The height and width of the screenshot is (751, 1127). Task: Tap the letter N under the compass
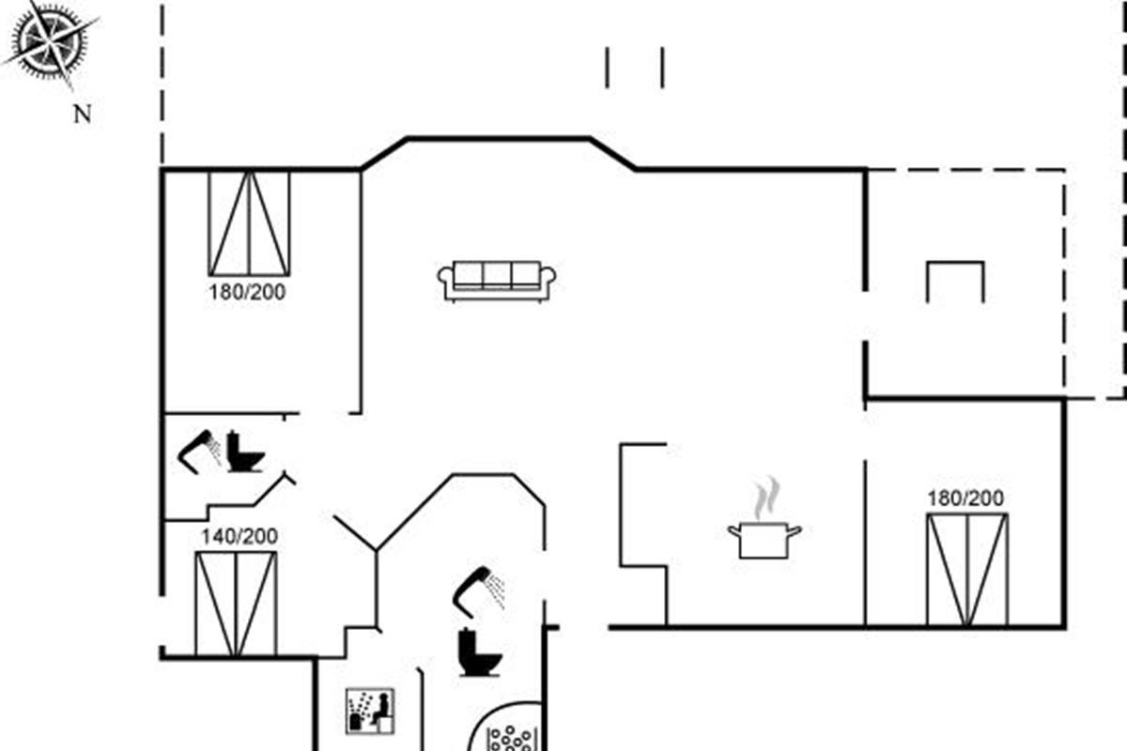(83, 115)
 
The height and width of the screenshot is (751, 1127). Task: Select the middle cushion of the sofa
(497, 276)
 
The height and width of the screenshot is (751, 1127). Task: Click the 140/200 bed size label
(239, 536)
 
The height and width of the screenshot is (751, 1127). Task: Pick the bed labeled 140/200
(236, 604)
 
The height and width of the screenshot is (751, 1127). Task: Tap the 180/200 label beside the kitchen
(965, 498)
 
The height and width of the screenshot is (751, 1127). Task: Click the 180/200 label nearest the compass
(247, 292)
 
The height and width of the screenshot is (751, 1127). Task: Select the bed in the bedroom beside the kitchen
(967, 570)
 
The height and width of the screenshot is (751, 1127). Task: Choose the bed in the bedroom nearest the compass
(249, 223)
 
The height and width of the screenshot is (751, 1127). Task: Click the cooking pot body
(764, 541)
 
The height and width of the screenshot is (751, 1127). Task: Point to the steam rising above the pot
(766, 497)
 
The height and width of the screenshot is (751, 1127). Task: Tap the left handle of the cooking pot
(734, 530)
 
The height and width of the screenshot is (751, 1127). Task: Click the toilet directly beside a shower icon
(243, 452)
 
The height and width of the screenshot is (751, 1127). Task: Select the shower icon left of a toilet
(199, 452)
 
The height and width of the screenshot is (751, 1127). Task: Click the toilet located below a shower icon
(478, 651)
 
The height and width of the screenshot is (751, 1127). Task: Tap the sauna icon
(370, 712)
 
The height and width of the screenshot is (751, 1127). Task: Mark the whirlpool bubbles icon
(510, 739)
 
